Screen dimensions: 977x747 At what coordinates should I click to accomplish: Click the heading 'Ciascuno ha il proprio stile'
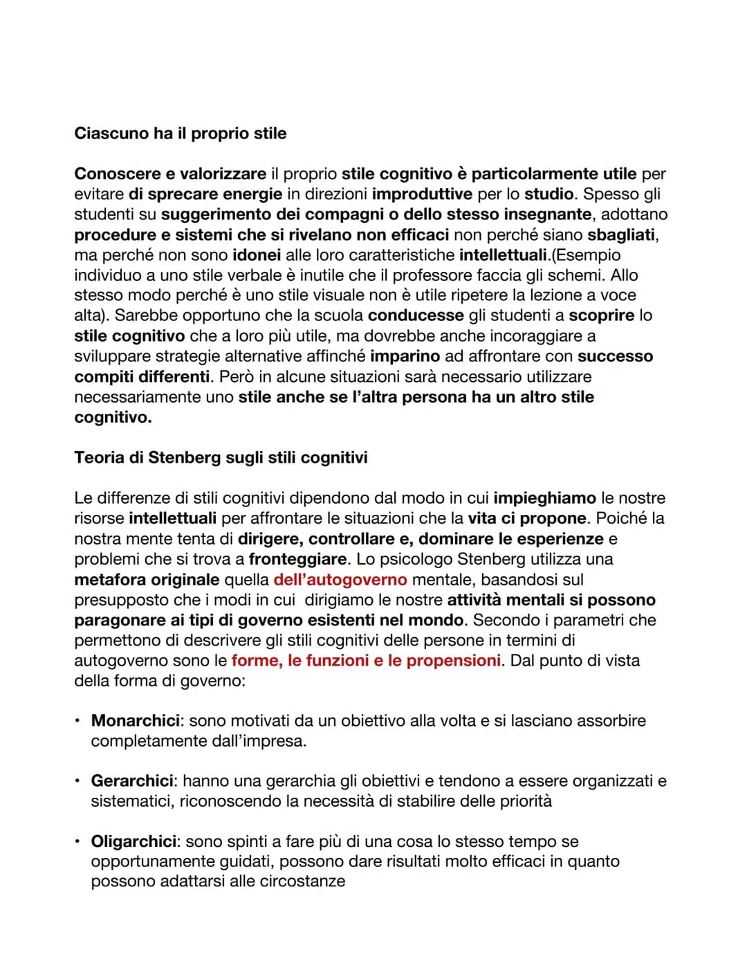(x=180, y=134)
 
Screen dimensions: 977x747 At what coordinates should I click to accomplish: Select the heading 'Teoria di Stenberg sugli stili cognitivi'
(x=221, y=458)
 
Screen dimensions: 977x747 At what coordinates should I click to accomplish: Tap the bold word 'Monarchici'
(x=135, y=721)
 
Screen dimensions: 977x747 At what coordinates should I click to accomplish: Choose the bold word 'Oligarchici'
(x=134, y=842)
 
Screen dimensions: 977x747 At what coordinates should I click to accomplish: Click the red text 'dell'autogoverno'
(x=340, y=580)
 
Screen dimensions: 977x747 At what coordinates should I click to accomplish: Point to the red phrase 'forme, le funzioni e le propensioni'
(x=366, y=661)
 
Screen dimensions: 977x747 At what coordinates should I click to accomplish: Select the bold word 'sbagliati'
(x=621, y=235)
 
